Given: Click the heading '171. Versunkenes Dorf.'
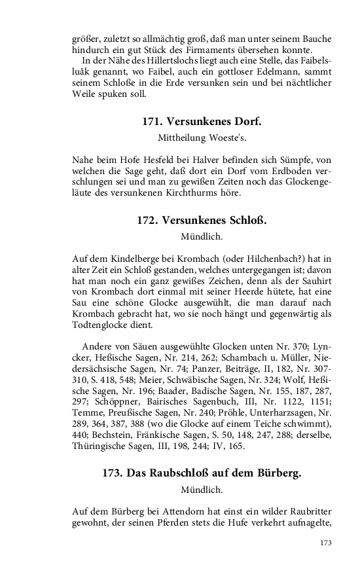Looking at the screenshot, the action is tap(202, 122).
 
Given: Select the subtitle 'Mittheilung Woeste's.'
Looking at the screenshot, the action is tap(202, 138).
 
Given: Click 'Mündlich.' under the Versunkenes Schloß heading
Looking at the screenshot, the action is tap(202, 236).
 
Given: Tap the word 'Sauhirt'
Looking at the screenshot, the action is tap(315, 281).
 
